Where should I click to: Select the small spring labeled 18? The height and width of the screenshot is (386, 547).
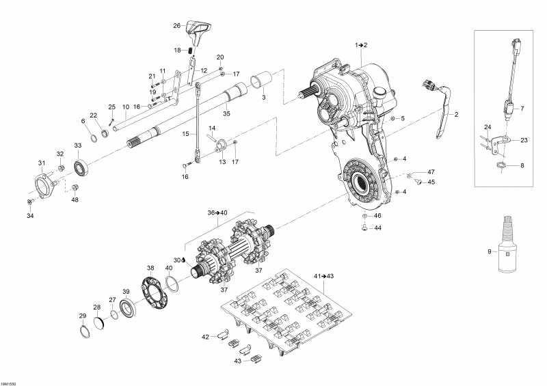191,51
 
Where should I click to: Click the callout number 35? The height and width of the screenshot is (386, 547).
226,113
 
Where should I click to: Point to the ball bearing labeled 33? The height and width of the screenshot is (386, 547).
81,167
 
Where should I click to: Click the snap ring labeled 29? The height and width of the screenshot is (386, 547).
85,331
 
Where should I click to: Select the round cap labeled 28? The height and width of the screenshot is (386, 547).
99,323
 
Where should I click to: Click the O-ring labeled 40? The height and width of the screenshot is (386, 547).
172,282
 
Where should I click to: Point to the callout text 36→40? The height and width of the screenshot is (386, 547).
217,212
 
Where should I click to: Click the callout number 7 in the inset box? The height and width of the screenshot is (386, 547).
522,109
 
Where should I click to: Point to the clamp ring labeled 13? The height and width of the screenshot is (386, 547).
221,145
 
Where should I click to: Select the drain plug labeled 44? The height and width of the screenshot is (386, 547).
364,228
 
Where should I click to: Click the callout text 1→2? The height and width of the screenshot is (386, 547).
362,45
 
